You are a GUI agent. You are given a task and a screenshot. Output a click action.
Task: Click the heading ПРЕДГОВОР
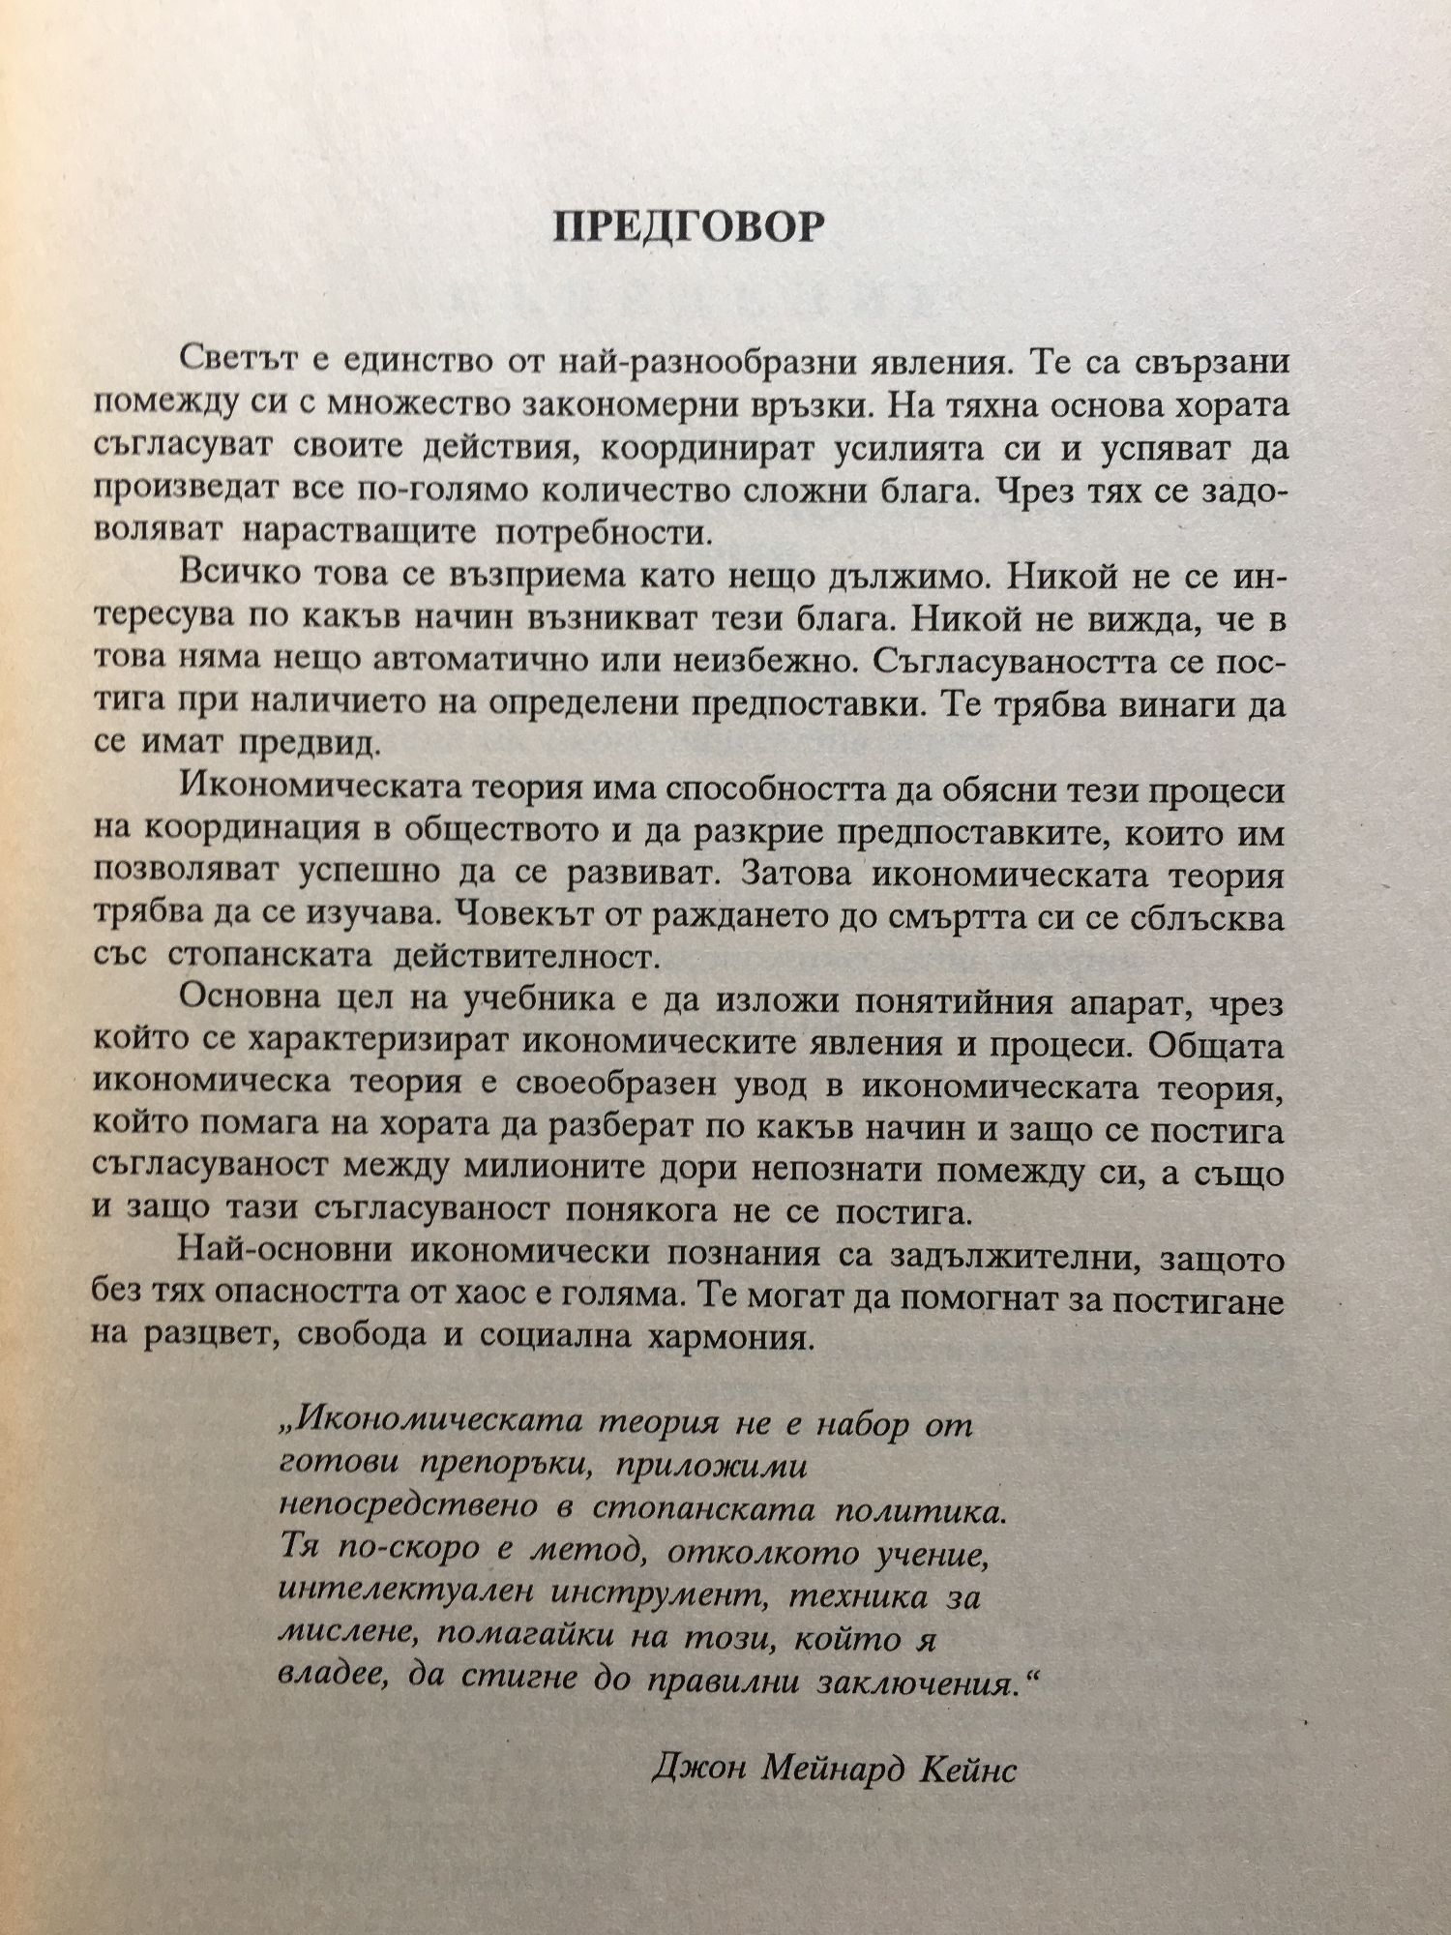(689, 227)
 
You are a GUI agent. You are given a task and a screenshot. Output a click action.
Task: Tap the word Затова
(796, 875)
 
